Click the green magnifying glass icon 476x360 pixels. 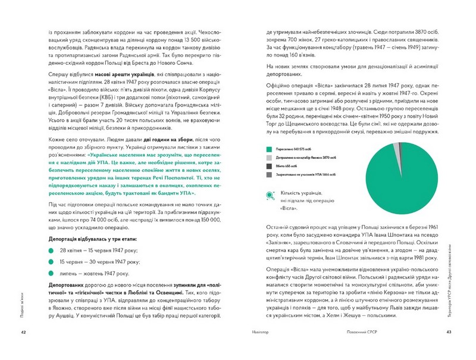click(270, 194)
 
